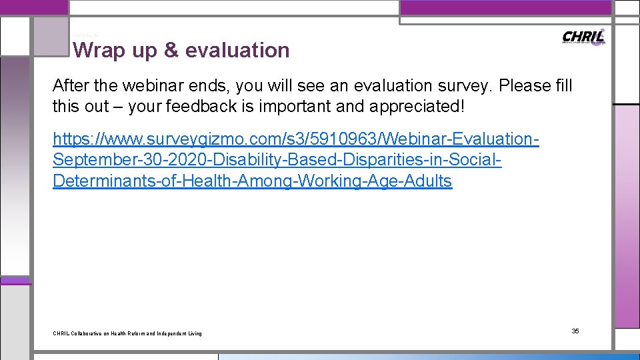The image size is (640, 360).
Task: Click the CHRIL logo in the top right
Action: pos(583,37)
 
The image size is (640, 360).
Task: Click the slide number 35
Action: pos(575,331)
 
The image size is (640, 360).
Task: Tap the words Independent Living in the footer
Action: pos(183,333)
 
